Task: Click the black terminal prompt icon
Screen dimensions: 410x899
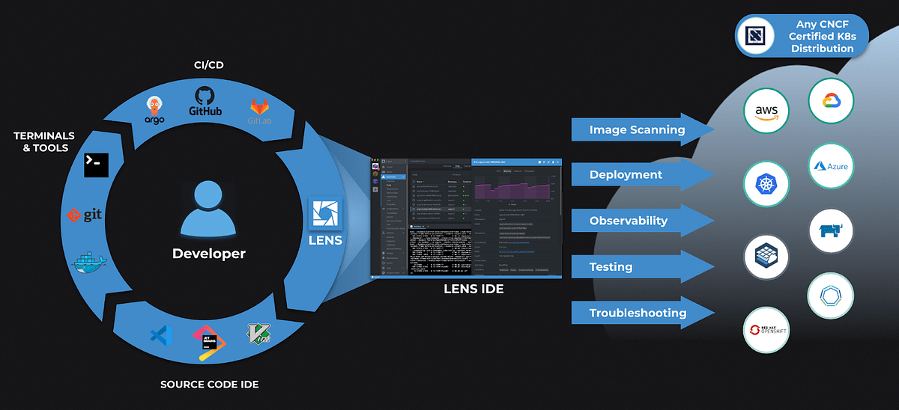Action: coord(97,164)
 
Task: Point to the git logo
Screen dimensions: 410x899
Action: coord(84,215)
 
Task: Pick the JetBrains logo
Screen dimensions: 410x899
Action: coord(209,343)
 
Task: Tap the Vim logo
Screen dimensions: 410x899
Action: coord(258,337)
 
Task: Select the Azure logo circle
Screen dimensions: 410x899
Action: coord(832,166)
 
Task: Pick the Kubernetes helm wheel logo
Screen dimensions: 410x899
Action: coord(766,184)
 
